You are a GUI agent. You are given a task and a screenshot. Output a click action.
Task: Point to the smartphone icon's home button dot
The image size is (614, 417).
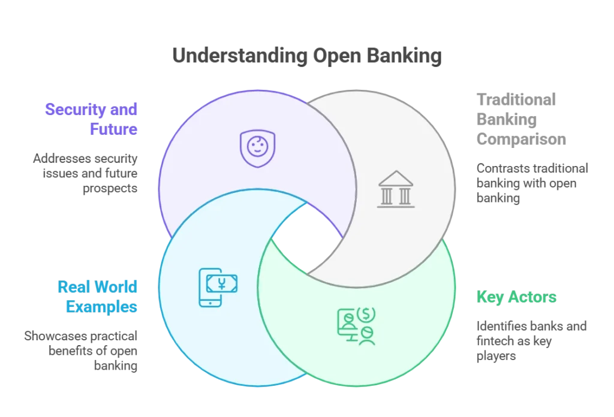pyautogui.click(x=209, y=303)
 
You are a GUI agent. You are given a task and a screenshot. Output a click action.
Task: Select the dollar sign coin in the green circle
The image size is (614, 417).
pyautogui.click(x=365, y=313)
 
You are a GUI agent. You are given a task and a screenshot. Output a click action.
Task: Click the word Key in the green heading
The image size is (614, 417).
pyautogui.click(x=489, y=297)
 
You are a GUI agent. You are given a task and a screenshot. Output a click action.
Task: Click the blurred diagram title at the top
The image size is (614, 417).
pyautogui.click(x=306, y=56)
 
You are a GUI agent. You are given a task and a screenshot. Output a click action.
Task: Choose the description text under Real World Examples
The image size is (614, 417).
pyautogui.click(x=83, y=349)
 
